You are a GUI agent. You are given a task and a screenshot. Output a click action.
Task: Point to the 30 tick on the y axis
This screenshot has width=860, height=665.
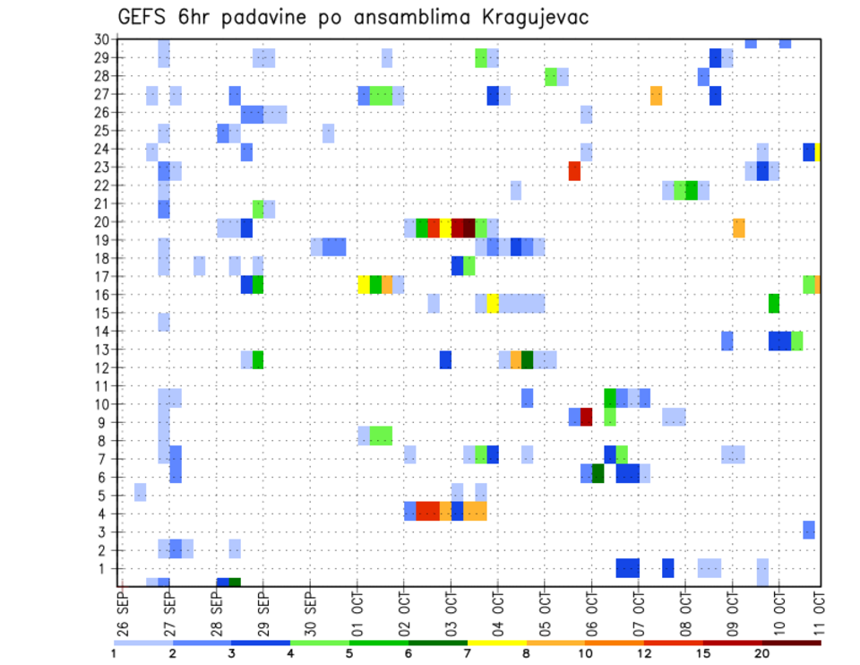[102, 39]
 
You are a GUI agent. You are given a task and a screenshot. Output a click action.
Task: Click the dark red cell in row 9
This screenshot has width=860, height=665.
[586, 417]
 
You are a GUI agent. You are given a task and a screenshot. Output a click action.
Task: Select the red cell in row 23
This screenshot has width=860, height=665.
[574, 170]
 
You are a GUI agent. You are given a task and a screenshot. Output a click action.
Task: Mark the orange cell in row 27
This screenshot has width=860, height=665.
[656, 96]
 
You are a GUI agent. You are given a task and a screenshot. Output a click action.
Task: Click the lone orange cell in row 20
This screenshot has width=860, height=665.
[738, 228]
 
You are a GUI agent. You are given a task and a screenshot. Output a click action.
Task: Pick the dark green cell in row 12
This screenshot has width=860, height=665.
[528, 359]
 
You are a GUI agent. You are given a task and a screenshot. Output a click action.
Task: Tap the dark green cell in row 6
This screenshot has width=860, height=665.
[598, 472]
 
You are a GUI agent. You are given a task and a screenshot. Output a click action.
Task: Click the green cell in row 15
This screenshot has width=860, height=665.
[773, 303]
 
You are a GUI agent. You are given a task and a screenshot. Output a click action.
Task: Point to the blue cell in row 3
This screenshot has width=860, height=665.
[808, 529]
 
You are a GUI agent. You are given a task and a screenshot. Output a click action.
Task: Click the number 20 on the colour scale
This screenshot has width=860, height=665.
[761, 652]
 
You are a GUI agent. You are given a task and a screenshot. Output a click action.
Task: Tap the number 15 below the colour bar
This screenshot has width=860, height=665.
[703, 652]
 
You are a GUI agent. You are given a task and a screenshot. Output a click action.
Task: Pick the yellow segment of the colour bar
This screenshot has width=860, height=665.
[496, 643]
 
